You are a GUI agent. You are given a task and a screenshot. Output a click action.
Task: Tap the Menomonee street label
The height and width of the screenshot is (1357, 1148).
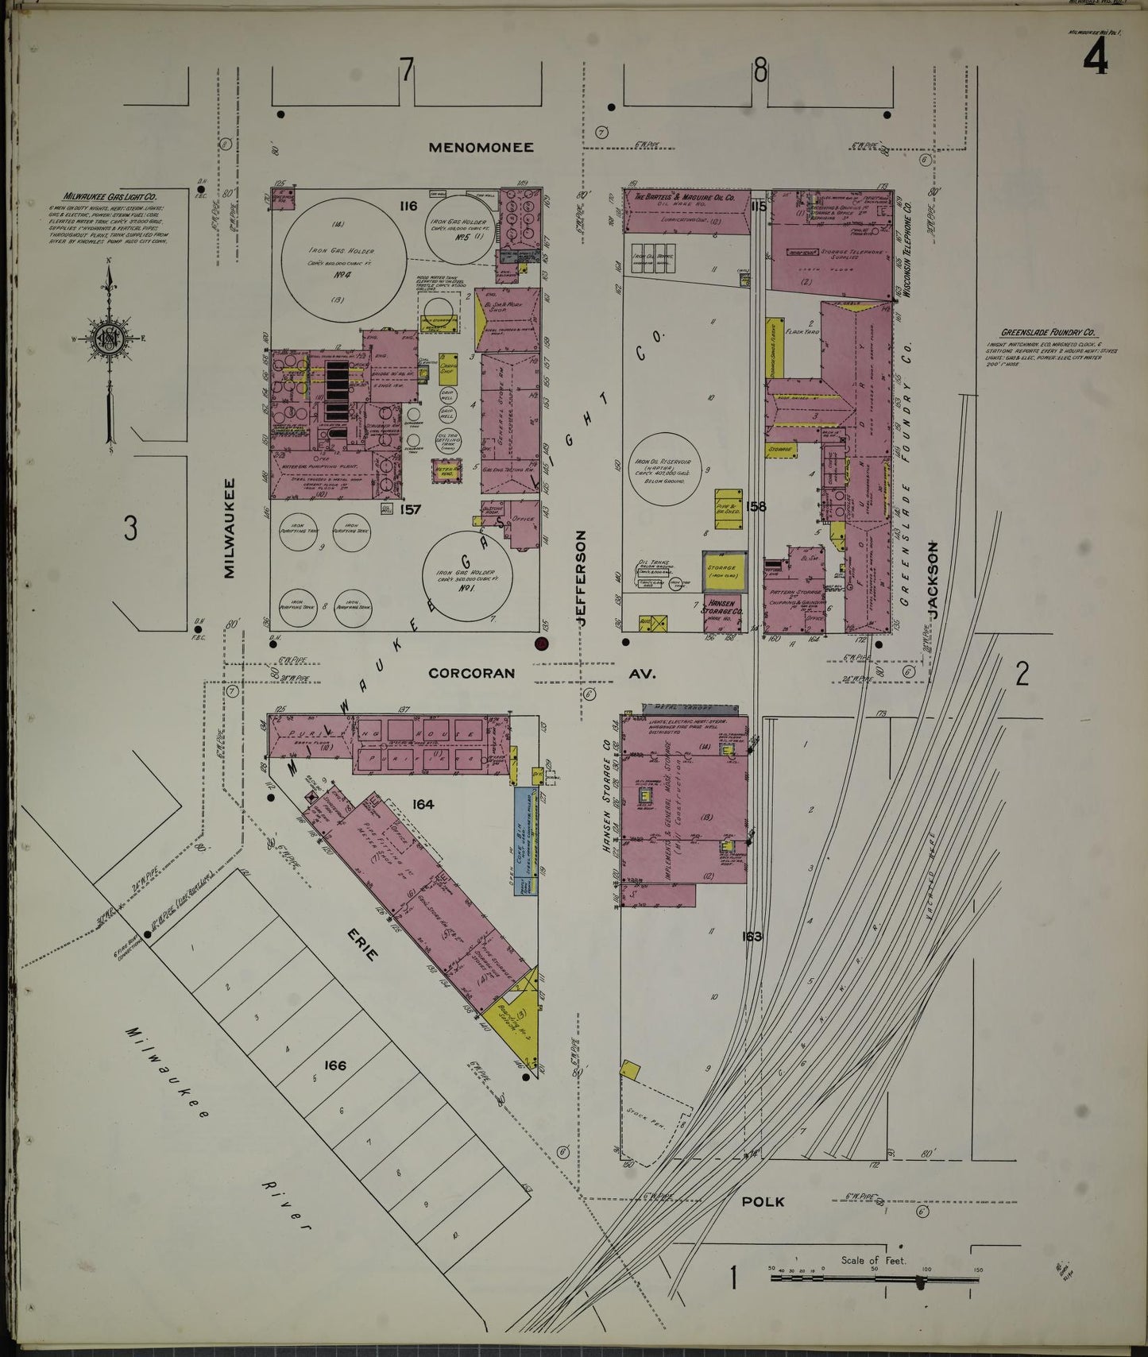pos(481,147)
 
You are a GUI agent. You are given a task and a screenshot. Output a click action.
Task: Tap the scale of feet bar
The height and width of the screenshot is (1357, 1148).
pos(874,1278)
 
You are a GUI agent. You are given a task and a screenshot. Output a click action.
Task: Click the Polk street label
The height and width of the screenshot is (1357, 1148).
pos(762,1201)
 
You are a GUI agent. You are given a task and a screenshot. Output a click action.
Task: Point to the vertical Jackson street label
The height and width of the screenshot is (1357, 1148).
pos(933,580)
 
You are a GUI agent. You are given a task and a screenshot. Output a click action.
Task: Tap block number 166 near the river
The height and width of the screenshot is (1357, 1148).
pos(335,1065)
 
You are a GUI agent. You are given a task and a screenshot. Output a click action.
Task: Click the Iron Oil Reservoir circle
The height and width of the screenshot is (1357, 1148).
pos(663,469)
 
